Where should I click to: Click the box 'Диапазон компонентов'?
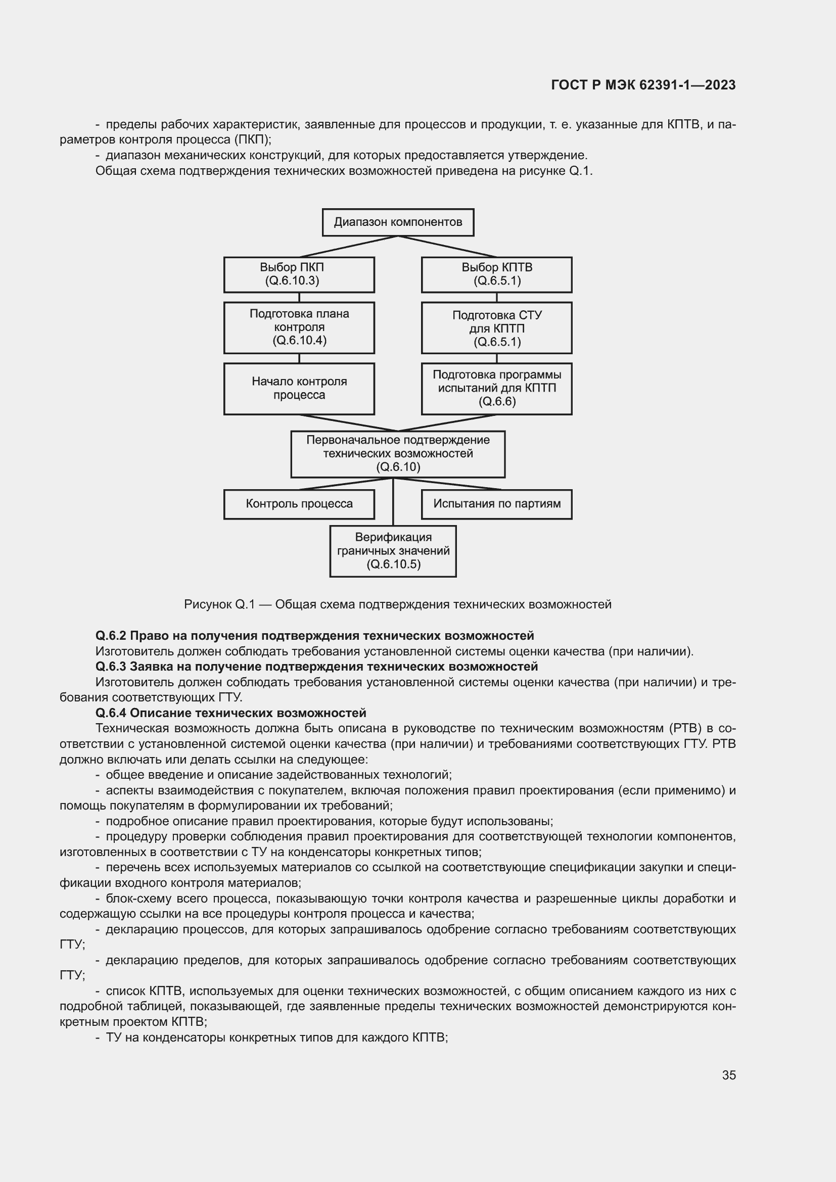pyautogui.click(x=398, y=222)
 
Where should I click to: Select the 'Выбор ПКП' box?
pyautogui.click(x=299, y=274)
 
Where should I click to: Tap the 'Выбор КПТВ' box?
pyautogui.click(x=497, y=274)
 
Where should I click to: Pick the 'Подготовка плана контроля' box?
pyautogui.click(x=299, y=327)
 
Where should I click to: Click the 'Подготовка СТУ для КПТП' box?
pyautogui.click(x=497, y=328)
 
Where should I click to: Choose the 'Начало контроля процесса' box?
pyautogui.click(x=299, y=389)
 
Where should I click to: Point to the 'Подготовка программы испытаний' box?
pyautogui.click(x=497, y=389)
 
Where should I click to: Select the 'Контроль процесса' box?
pyautogui.click(x=299, y=504)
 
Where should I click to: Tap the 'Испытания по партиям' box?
pyautogui.click(x=497, y=504)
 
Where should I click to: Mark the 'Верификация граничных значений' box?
pyautogui.click(x=393, y=551)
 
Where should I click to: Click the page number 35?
pyautogui.click(x=729, y=1075)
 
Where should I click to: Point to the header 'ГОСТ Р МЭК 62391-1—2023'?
pyautogui.click(x=643, y=85)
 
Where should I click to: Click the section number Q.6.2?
pyautogui.click(x=111, y=636)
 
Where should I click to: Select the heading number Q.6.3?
pyautogui.click(x=111, y=667)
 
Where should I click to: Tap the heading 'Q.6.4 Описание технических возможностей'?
pyautogui.click(x=230, y=713)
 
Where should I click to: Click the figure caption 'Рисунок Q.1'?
pyautogui.click(x=219, y=604)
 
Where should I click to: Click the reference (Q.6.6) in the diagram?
pyautogui.click(x=497, y=402)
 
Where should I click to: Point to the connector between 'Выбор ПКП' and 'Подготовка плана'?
pyautogui.click(x=299, y=298)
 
